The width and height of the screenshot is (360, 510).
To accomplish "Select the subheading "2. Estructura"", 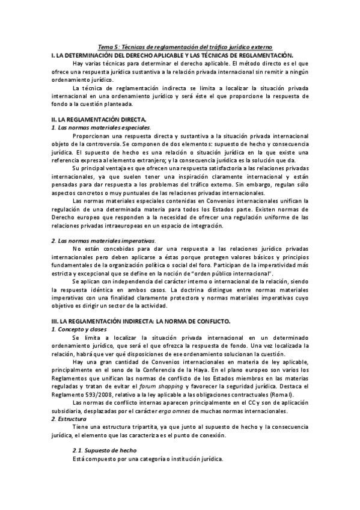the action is (x=69, y=417).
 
